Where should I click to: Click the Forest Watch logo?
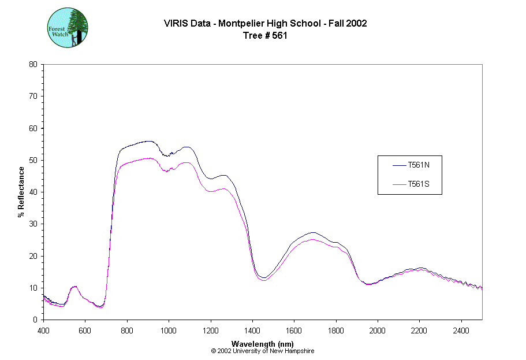click(x=67, y=28)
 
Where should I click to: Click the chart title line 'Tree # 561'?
click(x=265, y=35)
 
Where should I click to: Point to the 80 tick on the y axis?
click(x=33, y=64)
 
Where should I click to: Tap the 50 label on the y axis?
click(x=33, y=160)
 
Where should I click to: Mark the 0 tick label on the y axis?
click(x=36, y=320)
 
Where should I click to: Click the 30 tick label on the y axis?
click(x=33, y=224)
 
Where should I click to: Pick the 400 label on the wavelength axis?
click(x=43, y=331)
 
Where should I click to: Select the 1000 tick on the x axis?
click(x=169, y=331)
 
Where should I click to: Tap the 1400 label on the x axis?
click(x=252, y=331)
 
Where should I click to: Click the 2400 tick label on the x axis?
click(x=461, y=331)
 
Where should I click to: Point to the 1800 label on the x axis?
click(x=336, y=331)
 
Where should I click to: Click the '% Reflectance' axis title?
click(x=21, y=192)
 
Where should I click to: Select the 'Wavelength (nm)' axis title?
click(x=263, y=343)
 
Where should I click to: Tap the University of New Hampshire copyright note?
click(x=263, y=351)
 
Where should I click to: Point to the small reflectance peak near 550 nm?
click(x=74, y=286)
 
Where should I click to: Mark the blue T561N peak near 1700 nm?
click(x=312, y=232)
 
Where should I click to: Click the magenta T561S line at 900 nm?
click(x=148, y=158)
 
